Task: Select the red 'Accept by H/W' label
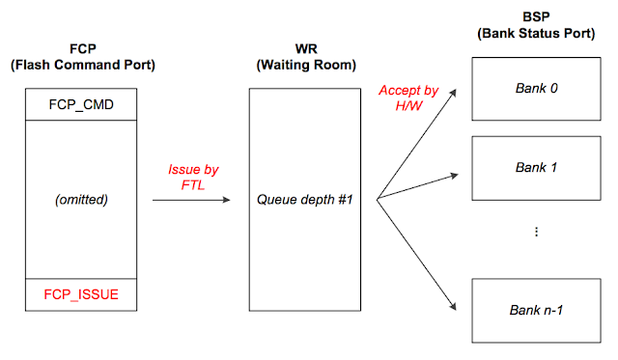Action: (407, 97)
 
